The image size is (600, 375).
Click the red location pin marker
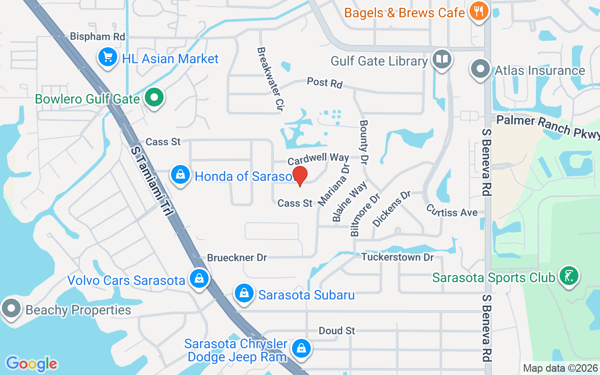(300, 176)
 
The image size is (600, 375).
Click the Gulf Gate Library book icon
(442, 60)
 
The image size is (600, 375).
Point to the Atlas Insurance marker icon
(480, 69)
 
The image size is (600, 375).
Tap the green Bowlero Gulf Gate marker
(153, 98)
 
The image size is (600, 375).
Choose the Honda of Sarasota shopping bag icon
(180, 175)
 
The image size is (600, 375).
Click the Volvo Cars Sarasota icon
(199, 279)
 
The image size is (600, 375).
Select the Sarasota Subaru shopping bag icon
(244, 294)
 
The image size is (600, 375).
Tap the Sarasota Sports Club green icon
(568, 276)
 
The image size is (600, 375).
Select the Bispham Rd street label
(97, 36)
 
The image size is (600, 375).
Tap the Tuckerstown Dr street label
(397, 257)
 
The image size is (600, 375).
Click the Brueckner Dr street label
(237, 257)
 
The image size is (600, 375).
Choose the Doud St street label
(337, 330)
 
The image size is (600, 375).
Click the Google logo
(31, 363)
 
